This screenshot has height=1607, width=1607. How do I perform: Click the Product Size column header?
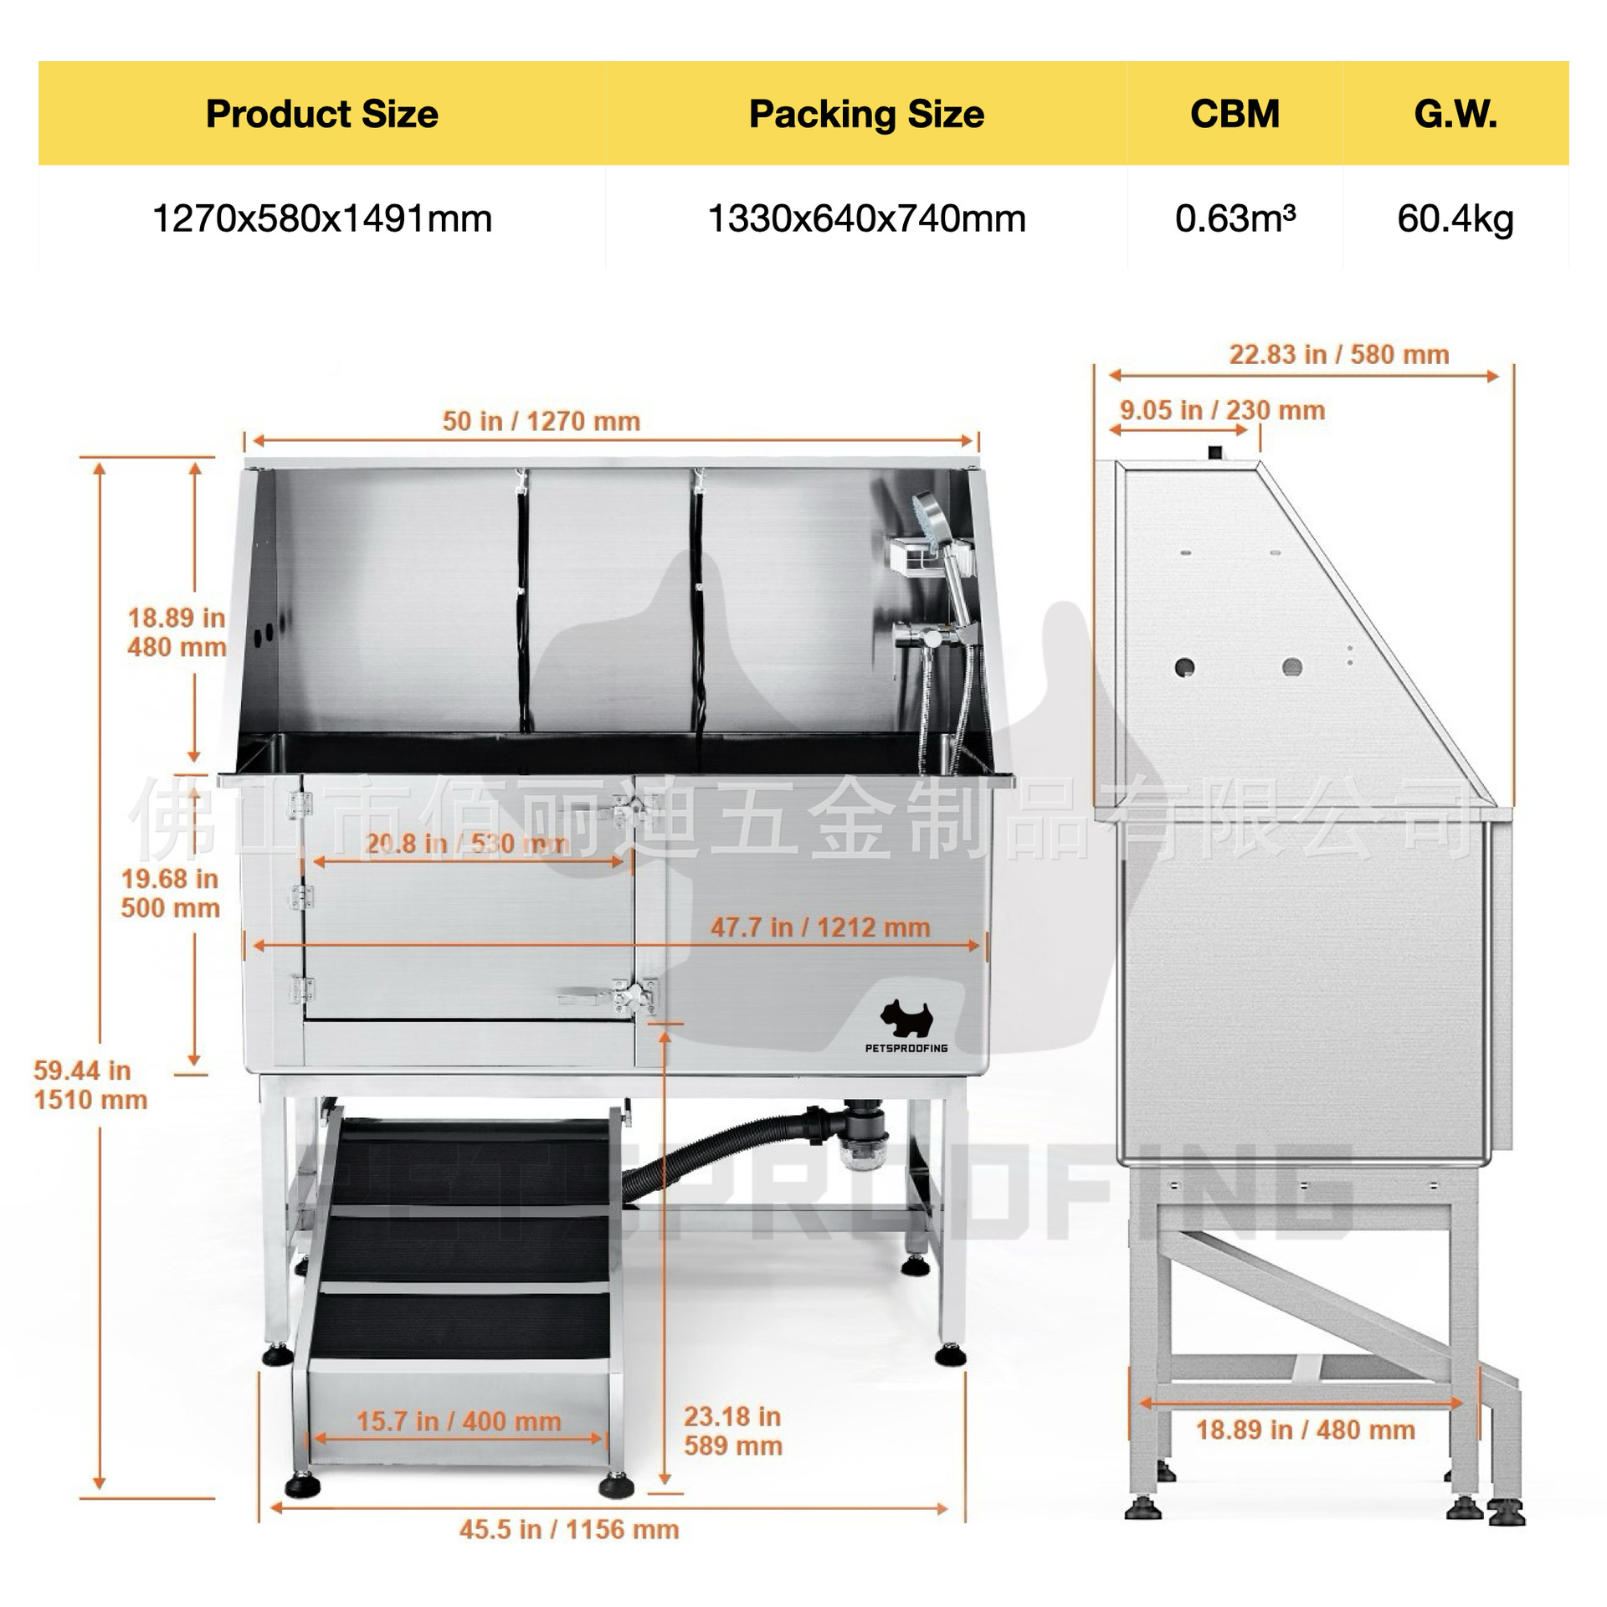pos(322,114)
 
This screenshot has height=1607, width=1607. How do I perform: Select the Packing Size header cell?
pos(866,114)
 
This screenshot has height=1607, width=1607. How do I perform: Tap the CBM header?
pos(1235,114)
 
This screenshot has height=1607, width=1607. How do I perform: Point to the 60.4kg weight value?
pos(1456,219)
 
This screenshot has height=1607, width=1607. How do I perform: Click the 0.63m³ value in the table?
pos(1235,218)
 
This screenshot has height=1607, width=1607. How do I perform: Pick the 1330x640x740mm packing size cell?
pos(866,219)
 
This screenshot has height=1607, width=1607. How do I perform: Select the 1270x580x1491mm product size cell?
pos(322,219)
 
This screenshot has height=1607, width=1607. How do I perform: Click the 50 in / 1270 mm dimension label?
pos(542,421)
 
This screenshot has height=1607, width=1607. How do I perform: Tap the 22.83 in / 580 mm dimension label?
pos(1339,355)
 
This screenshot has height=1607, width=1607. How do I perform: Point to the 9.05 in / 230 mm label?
pos(1223,410)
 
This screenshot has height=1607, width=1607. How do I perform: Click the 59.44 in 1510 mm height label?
pos(90,1085)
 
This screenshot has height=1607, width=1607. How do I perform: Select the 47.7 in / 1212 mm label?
pos(820,927)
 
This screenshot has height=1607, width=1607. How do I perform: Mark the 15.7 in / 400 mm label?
pos(459,1421)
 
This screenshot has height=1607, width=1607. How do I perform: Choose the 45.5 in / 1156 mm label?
pos(569,1529)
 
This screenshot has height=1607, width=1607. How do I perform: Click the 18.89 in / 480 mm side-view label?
pos(1306,1430)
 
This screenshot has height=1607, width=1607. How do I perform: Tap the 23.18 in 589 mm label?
pos(733,1431)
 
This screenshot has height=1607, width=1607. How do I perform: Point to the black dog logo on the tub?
pos(906,1017)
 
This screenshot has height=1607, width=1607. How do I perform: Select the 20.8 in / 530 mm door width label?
pos(467,843)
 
